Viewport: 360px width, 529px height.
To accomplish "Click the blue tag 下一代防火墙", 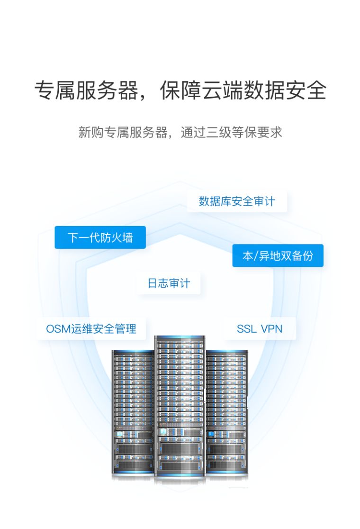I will tap(100, 237).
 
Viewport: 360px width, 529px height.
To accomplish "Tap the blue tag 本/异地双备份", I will tap(278, 256).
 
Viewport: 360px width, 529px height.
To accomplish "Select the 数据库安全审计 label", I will tap(236, 201).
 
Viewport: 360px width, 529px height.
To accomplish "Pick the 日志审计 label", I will tap(169, 283).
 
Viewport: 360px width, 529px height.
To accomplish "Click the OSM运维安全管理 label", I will tap(91, 328).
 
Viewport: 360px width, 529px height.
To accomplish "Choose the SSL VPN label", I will tap(260, 328).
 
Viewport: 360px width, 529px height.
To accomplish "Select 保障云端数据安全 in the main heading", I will tap(243, 90).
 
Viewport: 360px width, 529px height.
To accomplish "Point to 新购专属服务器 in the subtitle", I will tap(123, 132).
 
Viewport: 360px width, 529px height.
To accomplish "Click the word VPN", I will tap(271, 328).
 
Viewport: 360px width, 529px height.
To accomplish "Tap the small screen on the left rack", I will tap(120, 433).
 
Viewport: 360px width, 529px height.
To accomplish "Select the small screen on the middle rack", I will tap(163, 432).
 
